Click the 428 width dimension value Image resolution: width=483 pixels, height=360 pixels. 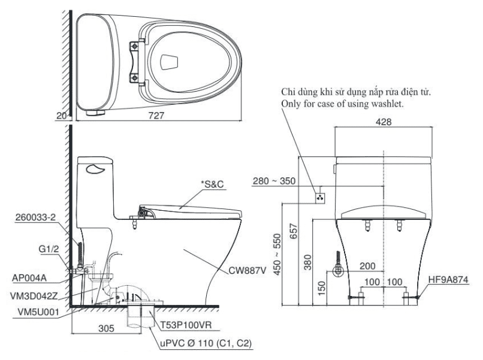pos(384,121)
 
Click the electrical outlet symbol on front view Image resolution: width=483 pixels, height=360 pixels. pos(321,195)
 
